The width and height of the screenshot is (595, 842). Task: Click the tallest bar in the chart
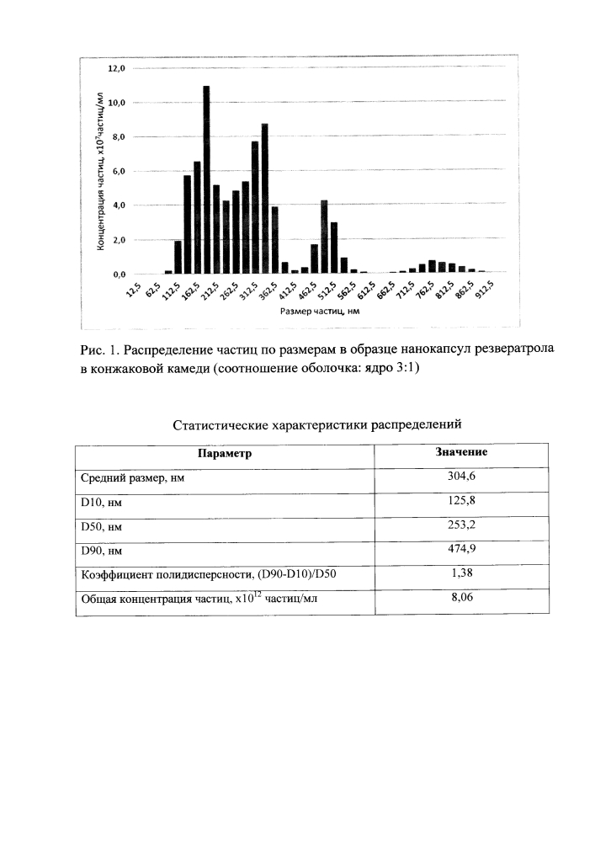[206, 179]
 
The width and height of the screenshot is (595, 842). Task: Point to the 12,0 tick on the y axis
[116, 68]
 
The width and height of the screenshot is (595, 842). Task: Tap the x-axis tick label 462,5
[312, 290]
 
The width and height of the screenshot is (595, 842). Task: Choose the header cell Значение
[461, 452]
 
